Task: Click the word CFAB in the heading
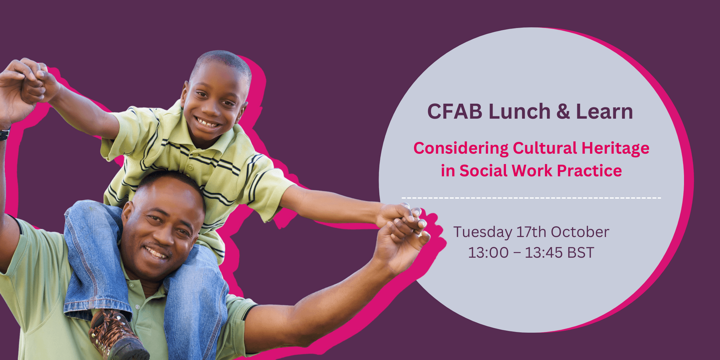[x=455, y=112]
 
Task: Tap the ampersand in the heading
[x=563, y=112]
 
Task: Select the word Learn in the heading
[x=604, y=112]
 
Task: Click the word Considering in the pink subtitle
[x=461, y=149]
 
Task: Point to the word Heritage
[x=616, y=149]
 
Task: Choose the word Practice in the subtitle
[x=589, y=171]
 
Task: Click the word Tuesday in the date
[x=482, y=233]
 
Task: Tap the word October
[x=580, y=232]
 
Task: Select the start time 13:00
[x=488, y=253]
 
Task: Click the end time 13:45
[x=544, y=253]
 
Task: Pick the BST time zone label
[x=581, y=253]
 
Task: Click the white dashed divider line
[x=531, y=198]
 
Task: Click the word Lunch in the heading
[x=519, y=112]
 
